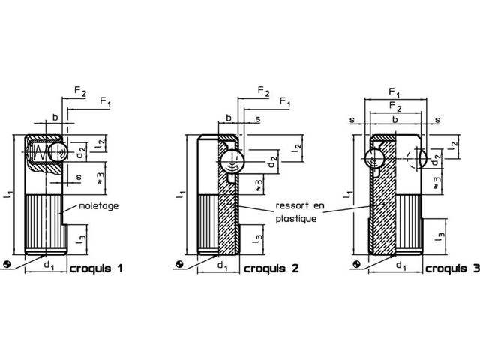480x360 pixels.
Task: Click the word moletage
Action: [98, 206]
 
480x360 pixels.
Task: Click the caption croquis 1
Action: [97, 268]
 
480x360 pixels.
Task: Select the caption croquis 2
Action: [271, 268]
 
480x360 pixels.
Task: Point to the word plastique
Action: [296, 219]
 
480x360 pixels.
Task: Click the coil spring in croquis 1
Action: [40, 152]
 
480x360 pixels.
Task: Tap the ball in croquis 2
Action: [232, 162]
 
